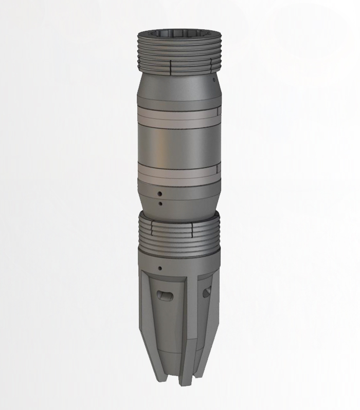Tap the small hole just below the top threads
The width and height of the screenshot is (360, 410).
coord(213,80)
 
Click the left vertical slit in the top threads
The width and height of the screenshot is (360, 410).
coord(170,68)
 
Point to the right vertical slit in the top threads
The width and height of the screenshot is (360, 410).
coord(210,66)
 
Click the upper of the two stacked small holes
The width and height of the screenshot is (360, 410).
coord(160,194)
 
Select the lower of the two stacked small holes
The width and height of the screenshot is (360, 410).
coord(160,204)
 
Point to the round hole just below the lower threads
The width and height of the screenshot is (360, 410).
coord(160,268)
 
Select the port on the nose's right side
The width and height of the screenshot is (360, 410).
coord(207,292)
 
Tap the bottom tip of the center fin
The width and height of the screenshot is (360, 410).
coord(181,383)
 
